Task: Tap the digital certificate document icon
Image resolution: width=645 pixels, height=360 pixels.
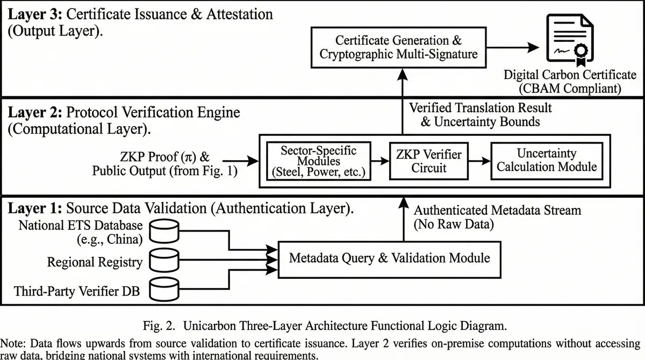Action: (567, 40)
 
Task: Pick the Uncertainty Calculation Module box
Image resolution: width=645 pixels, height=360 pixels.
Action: (547, 160)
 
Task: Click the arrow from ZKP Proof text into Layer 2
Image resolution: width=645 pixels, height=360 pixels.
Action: (239, 160)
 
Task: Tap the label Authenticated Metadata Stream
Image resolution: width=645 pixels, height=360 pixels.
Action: (497, 210)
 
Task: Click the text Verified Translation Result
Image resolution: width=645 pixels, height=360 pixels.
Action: (480, 107)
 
